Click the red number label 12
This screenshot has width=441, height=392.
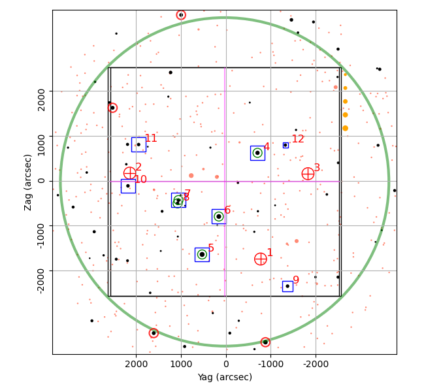pos(298,139)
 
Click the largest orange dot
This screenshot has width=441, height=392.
pos(346,128)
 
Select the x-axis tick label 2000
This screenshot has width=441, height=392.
pos(137,364)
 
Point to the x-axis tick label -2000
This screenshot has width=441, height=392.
pos(316,364)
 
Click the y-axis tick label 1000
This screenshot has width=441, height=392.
pos(41,145)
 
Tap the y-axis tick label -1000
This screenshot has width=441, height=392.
pos(41,237)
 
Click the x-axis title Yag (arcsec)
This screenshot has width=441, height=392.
pos(225,377)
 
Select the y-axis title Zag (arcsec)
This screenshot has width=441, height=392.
pos(28,182)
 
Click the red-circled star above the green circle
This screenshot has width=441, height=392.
pos(181,15)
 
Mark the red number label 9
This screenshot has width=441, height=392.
pos(296,280)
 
